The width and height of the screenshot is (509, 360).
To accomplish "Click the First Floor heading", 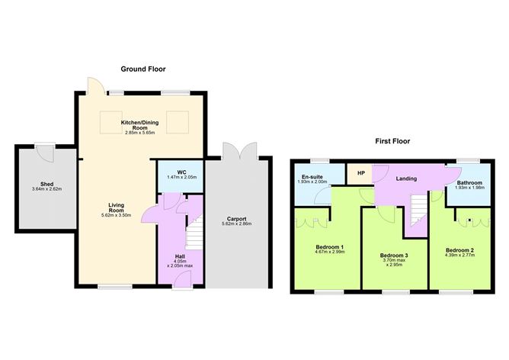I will click(392, 141).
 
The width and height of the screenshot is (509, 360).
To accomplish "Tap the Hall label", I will click(180, 256).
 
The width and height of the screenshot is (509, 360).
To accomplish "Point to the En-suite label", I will click(311, 177).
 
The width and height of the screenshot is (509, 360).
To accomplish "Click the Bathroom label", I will click(469, 183).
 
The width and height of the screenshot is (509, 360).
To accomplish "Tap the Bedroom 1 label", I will click(330, 247).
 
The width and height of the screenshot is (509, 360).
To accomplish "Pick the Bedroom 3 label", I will click(395, 256).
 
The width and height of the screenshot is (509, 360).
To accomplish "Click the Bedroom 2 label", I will click(461, 249).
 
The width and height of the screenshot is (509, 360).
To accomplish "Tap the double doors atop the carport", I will click(239, 151).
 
